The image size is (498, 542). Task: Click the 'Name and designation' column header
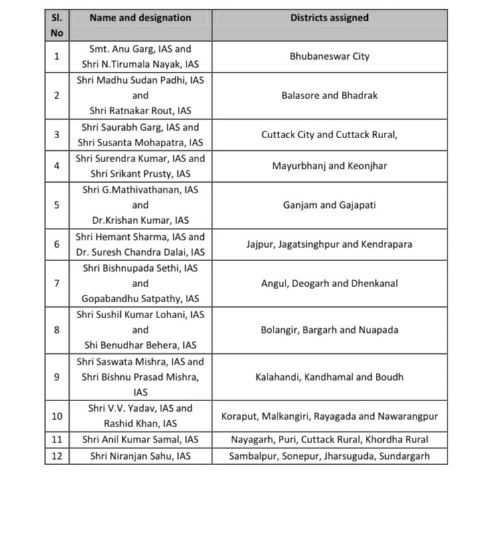click(140, 18)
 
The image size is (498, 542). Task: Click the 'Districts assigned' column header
click(329, 18)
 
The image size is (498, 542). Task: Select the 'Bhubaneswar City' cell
click(329, 56)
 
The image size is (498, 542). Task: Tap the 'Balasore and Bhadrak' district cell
click(329, 96)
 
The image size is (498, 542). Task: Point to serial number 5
click(57, 205)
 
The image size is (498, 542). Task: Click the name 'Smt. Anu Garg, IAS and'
click(140, 49)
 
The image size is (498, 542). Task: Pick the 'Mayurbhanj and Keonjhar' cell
click(329, 166)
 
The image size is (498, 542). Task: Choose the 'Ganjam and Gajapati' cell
click(329, 205)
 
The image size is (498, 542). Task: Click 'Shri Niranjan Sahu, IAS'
click(140, 456)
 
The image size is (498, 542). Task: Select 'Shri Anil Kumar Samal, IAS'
click(140, 440)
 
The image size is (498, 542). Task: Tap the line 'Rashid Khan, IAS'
click(140, 424)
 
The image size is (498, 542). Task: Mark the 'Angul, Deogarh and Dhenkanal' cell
click(329, 284)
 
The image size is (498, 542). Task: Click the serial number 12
click(57, 456)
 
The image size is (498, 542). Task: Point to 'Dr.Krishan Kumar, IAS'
click(140, 221)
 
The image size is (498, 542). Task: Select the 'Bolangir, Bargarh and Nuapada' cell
click(329, 330)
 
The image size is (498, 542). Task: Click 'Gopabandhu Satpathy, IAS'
click(140, 299)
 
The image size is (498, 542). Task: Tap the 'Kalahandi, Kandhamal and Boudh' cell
click(329, 377)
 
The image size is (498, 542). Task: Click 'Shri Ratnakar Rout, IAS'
click(140, 111)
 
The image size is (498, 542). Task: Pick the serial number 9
click(57, 377)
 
